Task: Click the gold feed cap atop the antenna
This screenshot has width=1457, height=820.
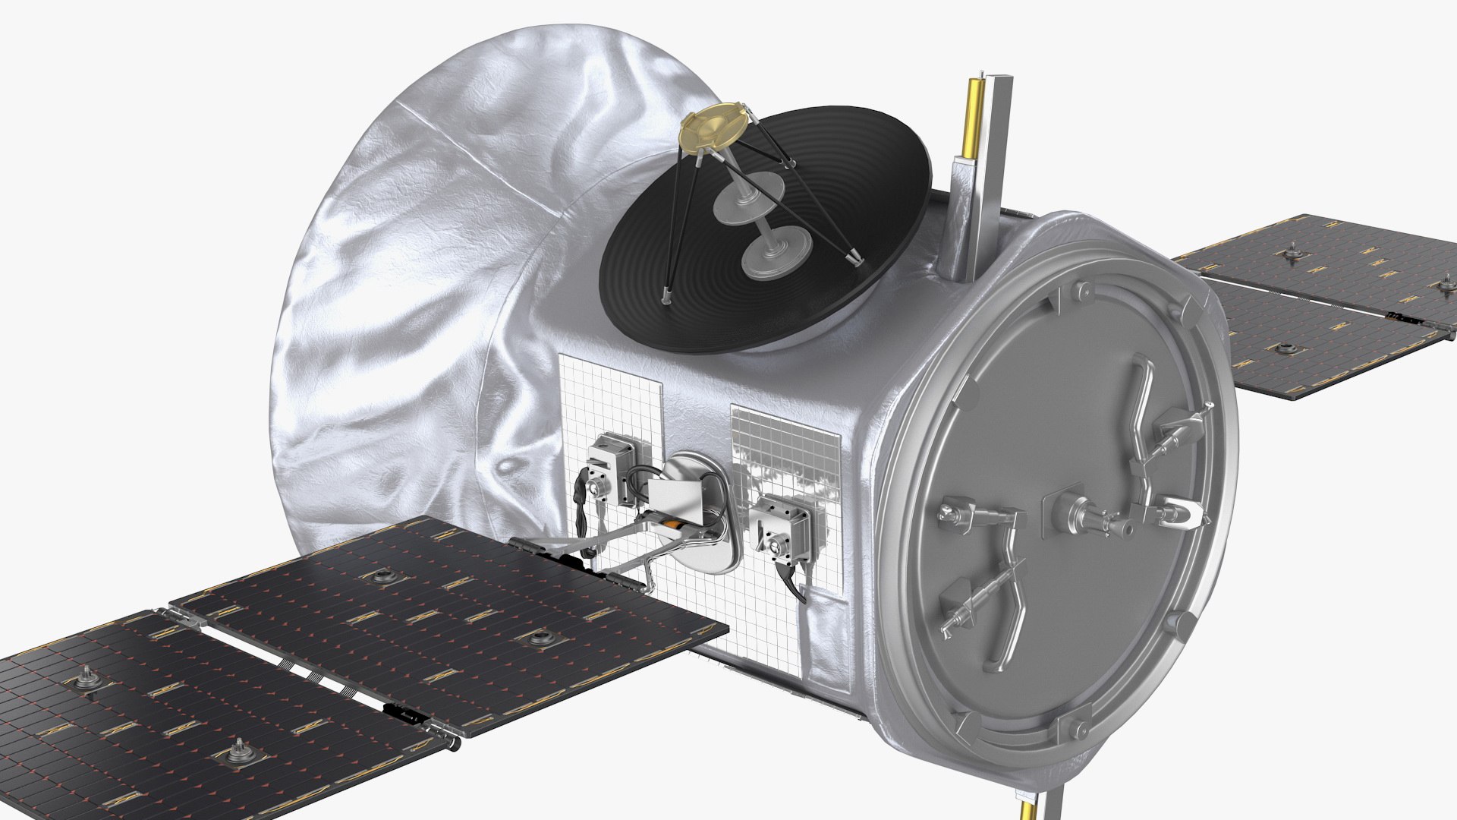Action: pyautogui.click(x=710, y=132)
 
